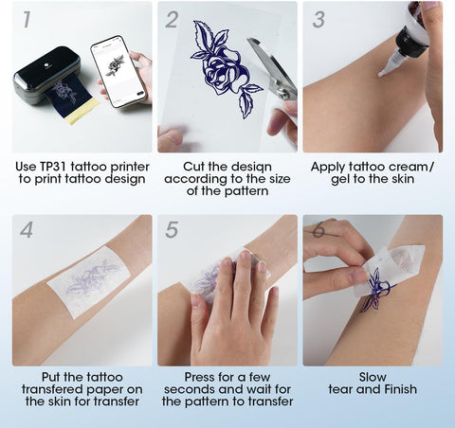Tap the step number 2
point(172,18)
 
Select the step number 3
point(318,18)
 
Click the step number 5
point(172,230)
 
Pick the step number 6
point(318,230)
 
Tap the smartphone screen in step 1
point(119,71)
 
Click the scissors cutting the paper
point(270,66)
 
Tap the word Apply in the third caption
point(331,167)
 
